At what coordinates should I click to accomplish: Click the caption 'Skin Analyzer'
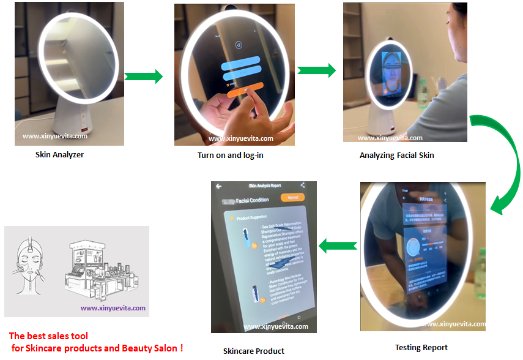click(x=59, y=155)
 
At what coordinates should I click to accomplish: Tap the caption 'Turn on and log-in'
click(x=231, y=155)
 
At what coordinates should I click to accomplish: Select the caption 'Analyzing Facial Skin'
click(x=396, y=156)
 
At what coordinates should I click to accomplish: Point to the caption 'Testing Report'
click(x=421, y=348)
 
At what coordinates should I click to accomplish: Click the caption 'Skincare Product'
click(x=253, y=351)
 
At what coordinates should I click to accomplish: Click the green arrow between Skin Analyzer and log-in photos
click(x=143, y=77)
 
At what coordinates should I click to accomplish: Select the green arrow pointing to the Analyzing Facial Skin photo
click(x=316, y=70)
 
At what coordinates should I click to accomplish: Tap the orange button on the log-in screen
click(x=245, y=90)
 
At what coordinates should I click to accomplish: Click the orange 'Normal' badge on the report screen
click(x=292, y=198)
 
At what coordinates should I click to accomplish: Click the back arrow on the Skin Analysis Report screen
click(x=218, y=187)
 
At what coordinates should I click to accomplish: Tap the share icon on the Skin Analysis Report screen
click(x=302, y=185)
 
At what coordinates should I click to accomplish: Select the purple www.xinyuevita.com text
click(x=113, y=308)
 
